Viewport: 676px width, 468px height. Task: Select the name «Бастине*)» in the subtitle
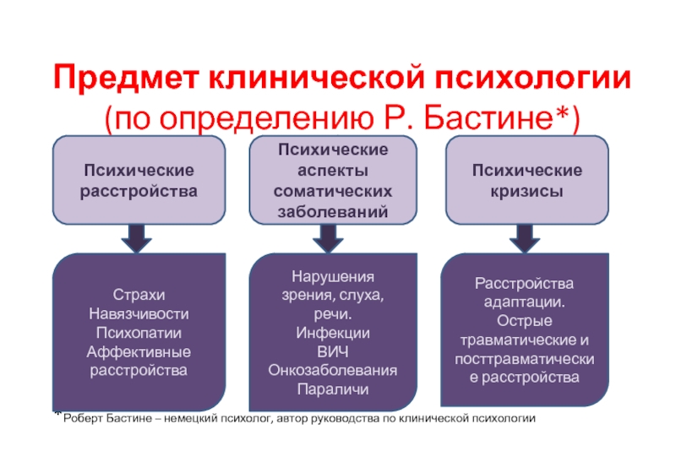pos(514,117)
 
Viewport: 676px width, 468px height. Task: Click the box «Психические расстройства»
pos(139,181)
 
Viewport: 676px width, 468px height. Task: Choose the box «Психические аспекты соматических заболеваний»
pos(333,181)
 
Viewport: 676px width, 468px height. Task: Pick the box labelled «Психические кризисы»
pos(526,181)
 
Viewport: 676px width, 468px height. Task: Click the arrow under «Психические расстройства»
pos(136,238)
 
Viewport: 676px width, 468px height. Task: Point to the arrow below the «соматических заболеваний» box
pos(332,238)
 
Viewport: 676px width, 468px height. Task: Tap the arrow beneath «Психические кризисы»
pos(526,238)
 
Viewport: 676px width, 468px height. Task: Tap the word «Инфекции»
pos(333,332)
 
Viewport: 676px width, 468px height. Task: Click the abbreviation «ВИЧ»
pos(333,351)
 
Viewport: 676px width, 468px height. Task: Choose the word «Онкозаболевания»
pos(333,370)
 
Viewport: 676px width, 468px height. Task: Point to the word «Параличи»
pos(333,389)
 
